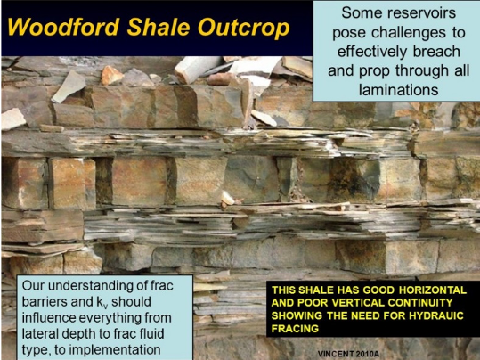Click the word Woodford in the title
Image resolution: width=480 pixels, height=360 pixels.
pos(63,28)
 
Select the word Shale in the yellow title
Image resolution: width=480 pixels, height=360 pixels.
pos(159,28)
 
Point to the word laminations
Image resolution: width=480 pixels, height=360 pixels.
pos(399,89)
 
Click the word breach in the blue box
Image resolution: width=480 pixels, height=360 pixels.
pos(437,51)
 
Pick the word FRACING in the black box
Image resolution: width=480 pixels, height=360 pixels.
pos(295,329)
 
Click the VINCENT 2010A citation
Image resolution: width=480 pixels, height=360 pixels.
pos(348,354)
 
